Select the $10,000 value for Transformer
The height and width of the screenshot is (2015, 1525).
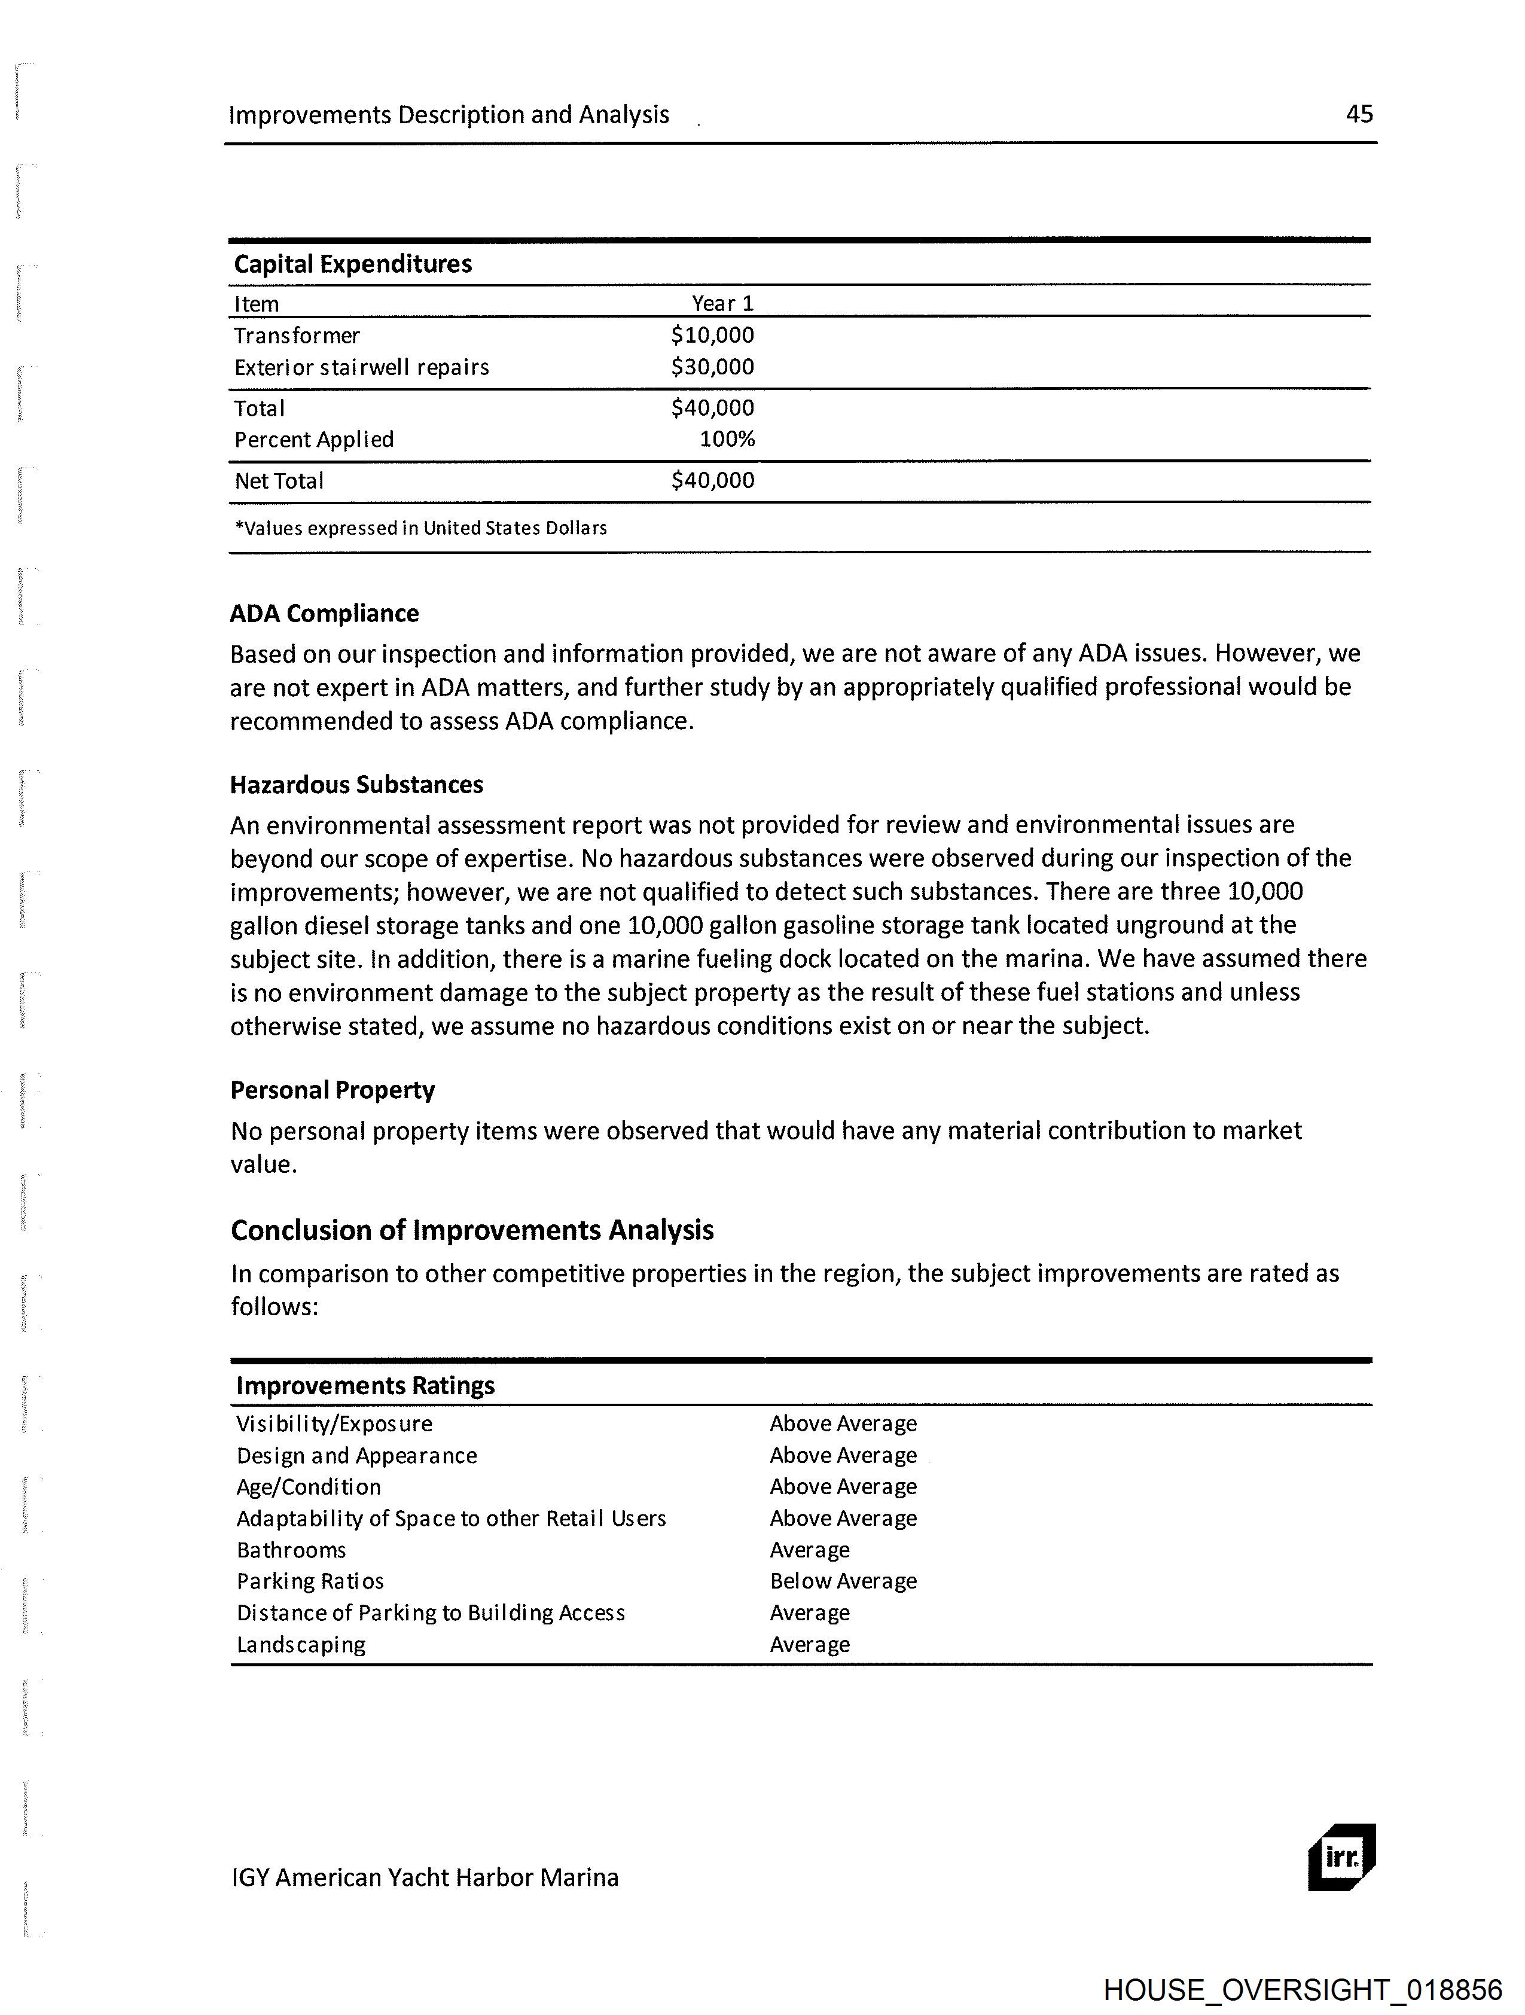pos(712,335)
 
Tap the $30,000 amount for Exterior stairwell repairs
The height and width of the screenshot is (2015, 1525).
pos(712,367)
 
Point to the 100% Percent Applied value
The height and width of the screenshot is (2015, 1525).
pos(727,439)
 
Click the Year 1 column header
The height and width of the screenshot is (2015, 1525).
pos(722,303)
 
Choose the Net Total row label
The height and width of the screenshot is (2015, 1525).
pos(279,481)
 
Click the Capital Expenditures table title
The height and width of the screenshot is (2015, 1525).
pos(353,264)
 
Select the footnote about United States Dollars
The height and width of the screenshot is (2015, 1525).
pos(421,528)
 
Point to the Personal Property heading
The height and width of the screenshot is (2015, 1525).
pos(333,1090)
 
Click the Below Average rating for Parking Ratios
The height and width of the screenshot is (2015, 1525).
pos(843,1581)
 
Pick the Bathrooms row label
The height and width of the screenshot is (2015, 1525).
pos(291,1550)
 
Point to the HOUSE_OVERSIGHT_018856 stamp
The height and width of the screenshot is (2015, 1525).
pos(1302,1989)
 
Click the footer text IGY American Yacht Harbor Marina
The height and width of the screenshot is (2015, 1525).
pos(425,1877)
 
